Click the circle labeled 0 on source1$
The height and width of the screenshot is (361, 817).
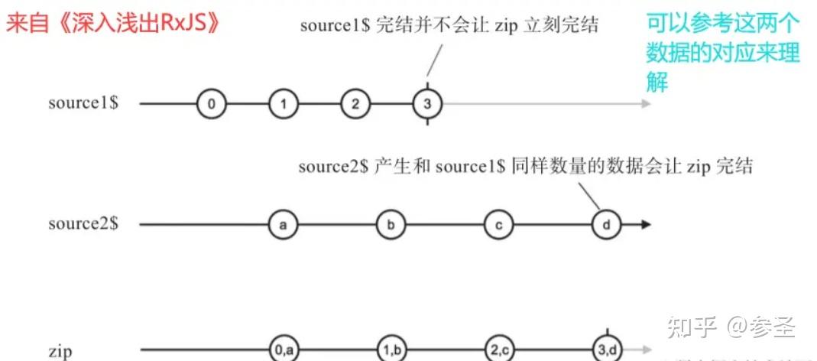[211, 103]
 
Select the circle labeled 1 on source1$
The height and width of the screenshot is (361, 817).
[283, 103]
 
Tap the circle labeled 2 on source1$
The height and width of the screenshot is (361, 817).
[355, 103]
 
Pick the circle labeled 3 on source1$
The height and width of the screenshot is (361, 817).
[426, 103]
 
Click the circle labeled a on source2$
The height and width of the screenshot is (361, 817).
[283, 225]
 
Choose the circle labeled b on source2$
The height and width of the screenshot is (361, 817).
[391, 225]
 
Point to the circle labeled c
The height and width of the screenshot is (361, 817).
[498, 225]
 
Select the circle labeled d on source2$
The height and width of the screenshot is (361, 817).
[607, 225]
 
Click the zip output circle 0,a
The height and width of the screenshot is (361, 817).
[283, 350]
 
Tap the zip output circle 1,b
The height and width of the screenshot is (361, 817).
[391, 350]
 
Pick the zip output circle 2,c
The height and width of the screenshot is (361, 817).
[498, 350]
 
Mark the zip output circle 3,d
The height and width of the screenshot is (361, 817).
[607, 350]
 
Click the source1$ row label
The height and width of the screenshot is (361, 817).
[83, 103]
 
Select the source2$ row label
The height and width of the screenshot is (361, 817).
[83, 225]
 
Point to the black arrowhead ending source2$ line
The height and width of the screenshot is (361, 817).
[646, 225]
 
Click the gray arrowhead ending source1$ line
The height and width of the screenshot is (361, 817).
[647, 103]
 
